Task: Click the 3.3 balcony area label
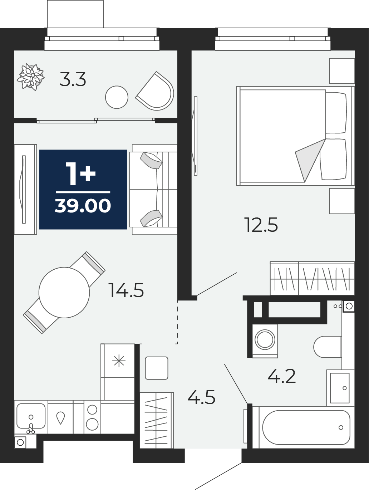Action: (73, 79)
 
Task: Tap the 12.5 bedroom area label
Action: (261, 225)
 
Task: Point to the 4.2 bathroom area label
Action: (281, 376)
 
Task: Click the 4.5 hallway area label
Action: (201, 398)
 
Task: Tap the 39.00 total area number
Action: (83, 206)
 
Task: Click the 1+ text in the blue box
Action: (81, 174)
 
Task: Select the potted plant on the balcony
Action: (31, 77)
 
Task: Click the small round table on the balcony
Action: (117, 97)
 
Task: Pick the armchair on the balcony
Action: (155, 91)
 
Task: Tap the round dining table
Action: (64, 293)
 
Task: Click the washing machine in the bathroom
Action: (265, 340)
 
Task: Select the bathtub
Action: (306, 427)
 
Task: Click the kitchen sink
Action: (31, 416)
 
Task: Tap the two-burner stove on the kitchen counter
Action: (92, 417)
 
